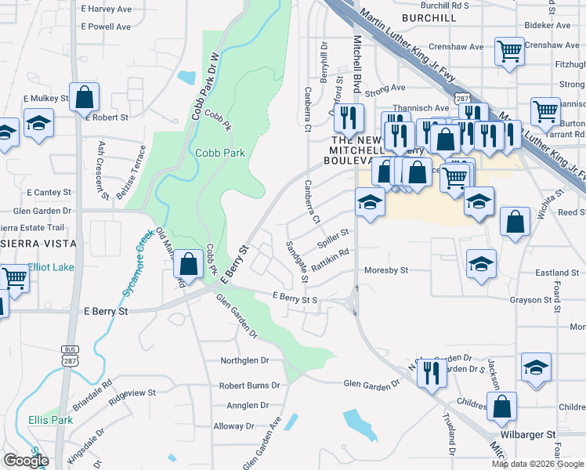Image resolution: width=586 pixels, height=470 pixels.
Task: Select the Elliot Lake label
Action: point(51,267)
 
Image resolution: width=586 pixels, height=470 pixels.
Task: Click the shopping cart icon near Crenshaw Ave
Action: point(510,51)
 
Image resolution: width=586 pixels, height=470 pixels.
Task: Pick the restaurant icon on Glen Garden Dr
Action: point(431,372)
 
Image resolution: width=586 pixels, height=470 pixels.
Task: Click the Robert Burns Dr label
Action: point(249,385)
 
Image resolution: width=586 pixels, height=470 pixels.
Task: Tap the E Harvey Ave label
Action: point(106,9)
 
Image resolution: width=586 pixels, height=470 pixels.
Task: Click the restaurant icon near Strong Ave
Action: point(349,117)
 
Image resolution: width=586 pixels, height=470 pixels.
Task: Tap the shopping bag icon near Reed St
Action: point(515,221)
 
